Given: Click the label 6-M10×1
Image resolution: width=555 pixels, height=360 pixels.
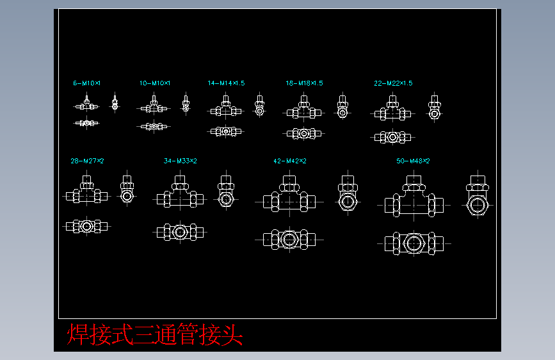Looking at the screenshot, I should point(87,83).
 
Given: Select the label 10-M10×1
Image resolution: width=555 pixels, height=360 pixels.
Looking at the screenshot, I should point(155,83).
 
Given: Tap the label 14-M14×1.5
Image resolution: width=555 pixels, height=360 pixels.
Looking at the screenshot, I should point(226,83).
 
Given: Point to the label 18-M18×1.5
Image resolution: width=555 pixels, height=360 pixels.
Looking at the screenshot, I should point(304,83).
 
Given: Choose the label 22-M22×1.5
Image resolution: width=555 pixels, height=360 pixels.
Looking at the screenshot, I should point(393,83).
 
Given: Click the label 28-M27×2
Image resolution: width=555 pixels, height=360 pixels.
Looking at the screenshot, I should point(87,161).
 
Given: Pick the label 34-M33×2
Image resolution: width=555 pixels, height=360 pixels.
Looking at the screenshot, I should point(181,161).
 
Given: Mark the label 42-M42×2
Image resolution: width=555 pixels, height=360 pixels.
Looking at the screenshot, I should point(289,161).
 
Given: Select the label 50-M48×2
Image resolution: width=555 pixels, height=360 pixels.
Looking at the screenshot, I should point(413,161).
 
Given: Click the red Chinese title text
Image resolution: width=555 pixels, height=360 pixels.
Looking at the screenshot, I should point(156,334).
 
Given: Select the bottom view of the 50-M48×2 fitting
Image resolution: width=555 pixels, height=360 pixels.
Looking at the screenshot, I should point(414,243).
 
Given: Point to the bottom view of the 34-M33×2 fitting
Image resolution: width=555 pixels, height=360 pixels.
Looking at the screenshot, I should point(180,231).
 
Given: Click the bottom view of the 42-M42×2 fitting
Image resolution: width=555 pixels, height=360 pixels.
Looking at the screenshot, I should point(289,239).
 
